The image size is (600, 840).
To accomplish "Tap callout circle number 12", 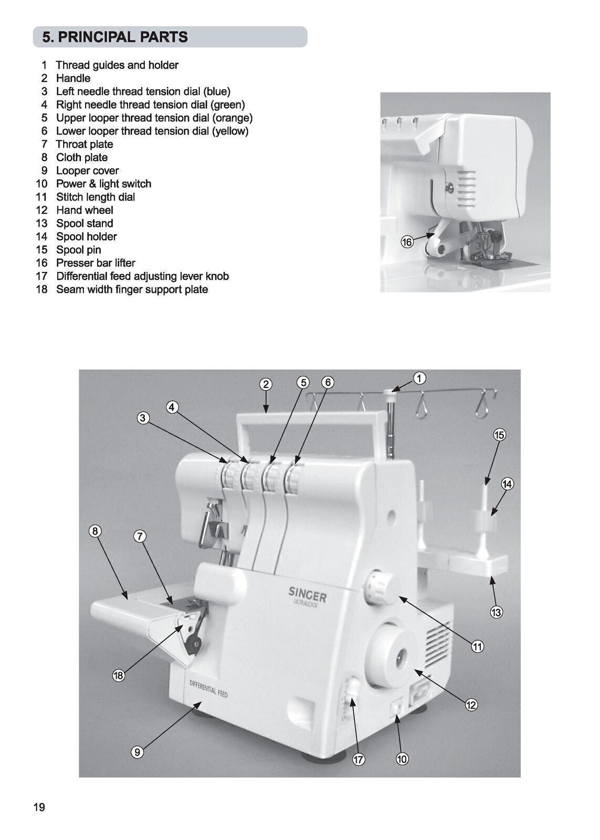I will pyautogui.click(x=471, y=705).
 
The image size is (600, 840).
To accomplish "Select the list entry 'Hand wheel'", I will pyautogui.click(x=85, y=210).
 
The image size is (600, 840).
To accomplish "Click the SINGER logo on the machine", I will pyautogui.click(x=308, y=595).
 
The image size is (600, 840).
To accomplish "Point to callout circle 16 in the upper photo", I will pyautogui.click(x=407, y=242).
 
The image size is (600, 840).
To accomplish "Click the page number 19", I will pyautogui.click(x=39, y=807).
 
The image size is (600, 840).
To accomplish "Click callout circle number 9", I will pyautogui.click(x=137, y=752).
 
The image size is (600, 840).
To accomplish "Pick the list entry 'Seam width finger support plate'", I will pyautogui.click(x=132, y=289).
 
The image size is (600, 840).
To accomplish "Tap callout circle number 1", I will pyautogui.click(x=419, y=378).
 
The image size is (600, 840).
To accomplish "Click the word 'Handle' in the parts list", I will pyautogui.click(x=73, y=78).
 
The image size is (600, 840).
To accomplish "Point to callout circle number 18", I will pyautogui.click(x=118, y=676).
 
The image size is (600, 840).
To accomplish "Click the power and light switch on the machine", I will pyautogui.click(x=397, y=709).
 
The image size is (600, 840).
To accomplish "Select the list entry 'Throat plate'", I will pyautogui.click(x=84, y=144).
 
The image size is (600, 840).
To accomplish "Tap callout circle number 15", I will pyautogui.click(x=499, y=435).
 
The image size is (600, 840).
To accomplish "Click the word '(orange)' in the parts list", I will pyautogui.click(x=232, y=118).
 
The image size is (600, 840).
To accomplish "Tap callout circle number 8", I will pyautogui.click(x=95, y=531).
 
